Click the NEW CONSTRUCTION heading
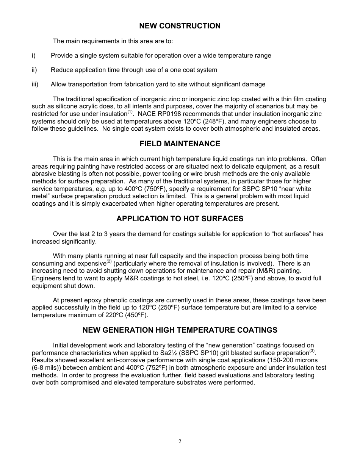(180, 26)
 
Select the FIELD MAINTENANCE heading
(180, 144)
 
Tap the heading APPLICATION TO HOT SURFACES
(180, 219)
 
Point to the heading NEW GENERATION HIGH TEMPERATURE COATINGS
(180, 330)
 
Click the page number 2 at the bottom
(180, 441)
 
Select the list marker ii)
(34, 70)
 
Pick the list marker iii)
(35, 84)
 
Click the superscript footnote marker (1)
(130, 112)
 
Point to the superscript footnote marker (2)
(109, 261)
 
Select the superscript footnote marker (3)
(312, 351)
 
